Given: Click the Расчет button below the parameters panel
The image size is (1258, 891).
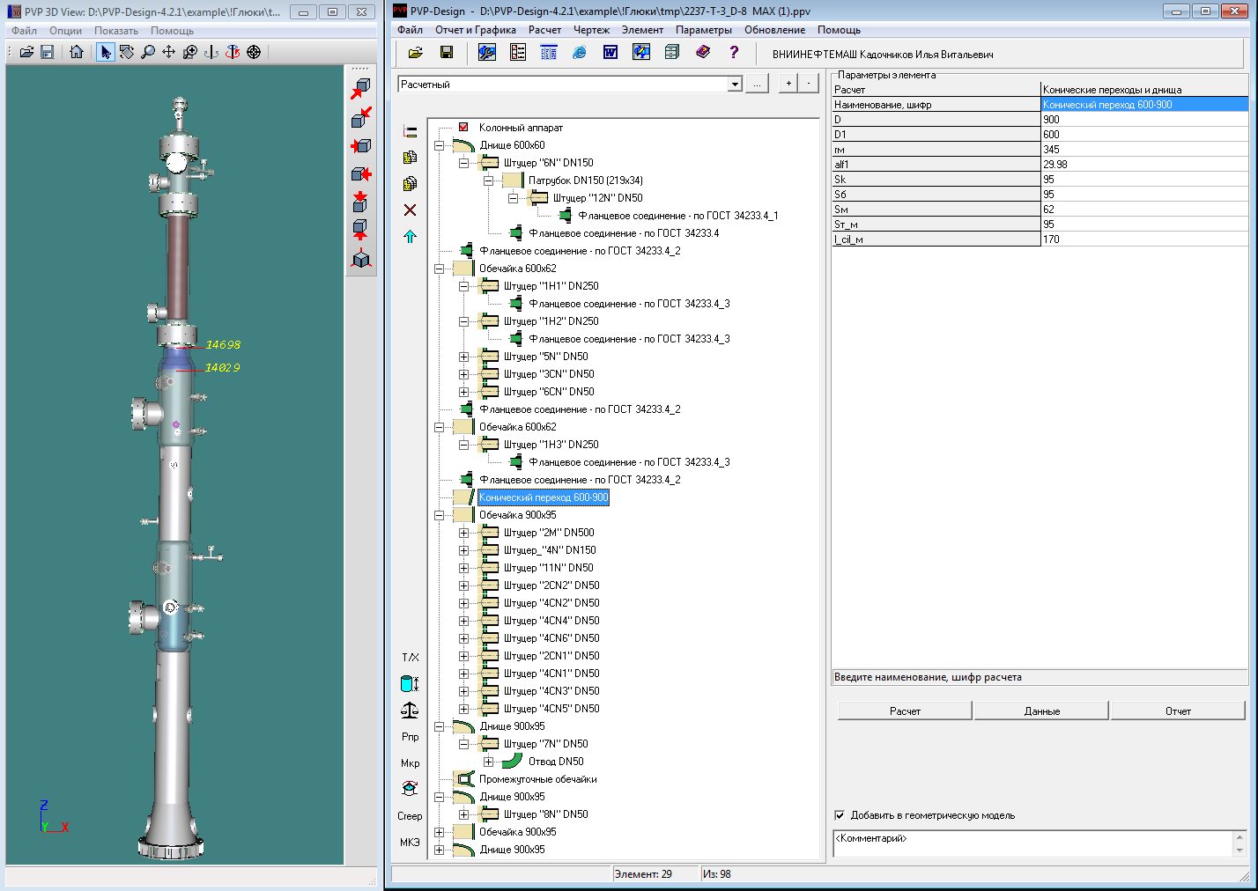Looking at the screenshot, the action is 904,711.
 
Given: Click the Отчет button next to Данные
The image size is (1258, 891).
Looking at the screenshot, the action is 1178,711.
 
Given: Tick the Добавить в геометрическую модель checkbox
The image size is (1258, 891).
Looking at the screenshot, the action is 840,815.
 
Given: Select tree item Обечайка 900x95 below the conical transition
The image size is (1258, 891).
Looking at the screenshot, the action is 517,515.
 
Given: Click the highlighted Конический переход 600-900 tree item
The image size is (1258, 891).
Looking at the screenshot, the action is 543,497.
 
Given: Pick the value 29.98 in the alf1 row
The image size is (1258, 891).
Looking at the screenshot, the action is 1054,165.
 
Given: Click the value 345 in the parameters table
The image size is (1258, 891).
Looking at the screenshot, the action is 1051,150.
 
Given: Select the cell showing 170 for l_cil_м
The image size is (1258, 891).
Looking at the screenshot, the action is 1051,239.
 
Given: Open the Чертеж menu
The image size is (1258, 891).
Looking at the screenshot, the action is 591,30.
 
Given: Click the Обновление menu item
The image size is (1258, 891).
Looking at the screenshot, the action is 774,30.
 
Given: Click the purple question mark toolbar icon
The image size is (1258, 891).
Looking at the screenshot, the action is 734,53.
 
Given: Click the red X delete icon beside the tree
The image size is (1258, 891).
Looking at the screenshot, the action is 410,210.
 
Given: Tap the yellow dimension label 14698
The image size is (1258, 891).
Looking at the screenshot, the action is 222,344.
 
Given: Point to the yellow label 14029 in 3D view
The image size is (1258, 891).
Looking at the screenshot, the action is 222,367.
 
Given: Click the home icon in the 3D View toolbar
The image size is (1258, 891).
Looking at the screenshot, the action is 77,52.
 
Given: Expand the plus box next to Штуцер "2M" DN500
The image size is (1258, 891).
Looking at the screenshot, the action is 463,533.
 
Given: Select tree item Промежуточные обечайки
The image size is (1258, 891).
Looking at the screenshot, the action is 537,779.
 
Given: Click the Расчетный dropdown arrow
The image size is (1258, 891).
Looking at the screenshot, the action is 735,85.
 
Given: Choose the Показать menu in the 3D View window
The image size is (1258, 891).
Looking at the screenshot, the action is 115,31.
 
